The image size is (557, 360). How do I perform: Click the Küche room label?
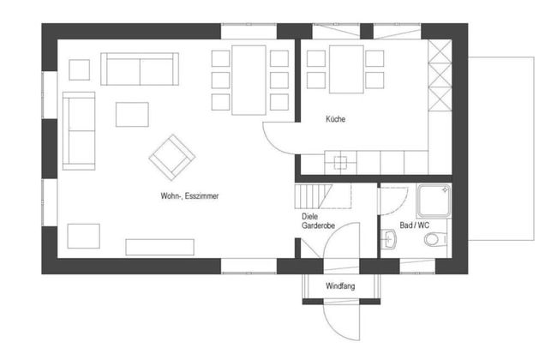(335, 119)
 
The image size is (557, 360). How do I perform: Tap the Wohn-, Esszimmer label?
(189, 195)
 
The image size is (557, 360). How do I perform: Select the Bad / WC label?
(414, 225)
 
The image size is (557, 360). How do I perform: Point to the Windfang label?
(340, 286)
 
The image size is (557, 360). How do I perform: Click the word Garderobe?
(318, 225)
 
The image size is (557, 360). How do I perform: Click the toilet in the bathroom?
(436, 239)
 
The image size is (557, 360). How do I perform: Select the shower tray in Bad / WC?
(434, 201)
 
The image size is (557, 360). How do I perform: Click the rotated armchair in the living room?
(172, 158)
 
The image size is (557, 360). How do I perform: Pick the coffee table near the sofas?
(132, 115)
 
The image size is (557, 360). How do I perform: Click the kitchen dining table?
(346, 69)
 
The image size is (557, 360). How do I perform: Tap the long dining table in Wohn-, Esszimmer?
(249, 81)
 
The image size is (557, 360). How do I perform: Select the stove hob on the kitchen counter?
(341, 163)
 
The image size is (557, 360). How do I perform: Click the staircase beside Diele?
(323, 195)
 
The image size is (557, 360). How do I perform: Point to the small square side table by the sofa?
(79, 69)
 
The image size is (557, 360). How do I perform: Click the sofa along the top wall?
(140, 69)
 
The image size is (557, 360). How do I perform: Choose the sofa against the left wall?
(79, 131)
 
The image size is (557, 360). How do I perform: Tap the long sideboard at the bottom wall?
(160, 247)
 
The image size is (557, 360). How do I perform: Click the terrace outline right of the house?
(534, 148)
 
